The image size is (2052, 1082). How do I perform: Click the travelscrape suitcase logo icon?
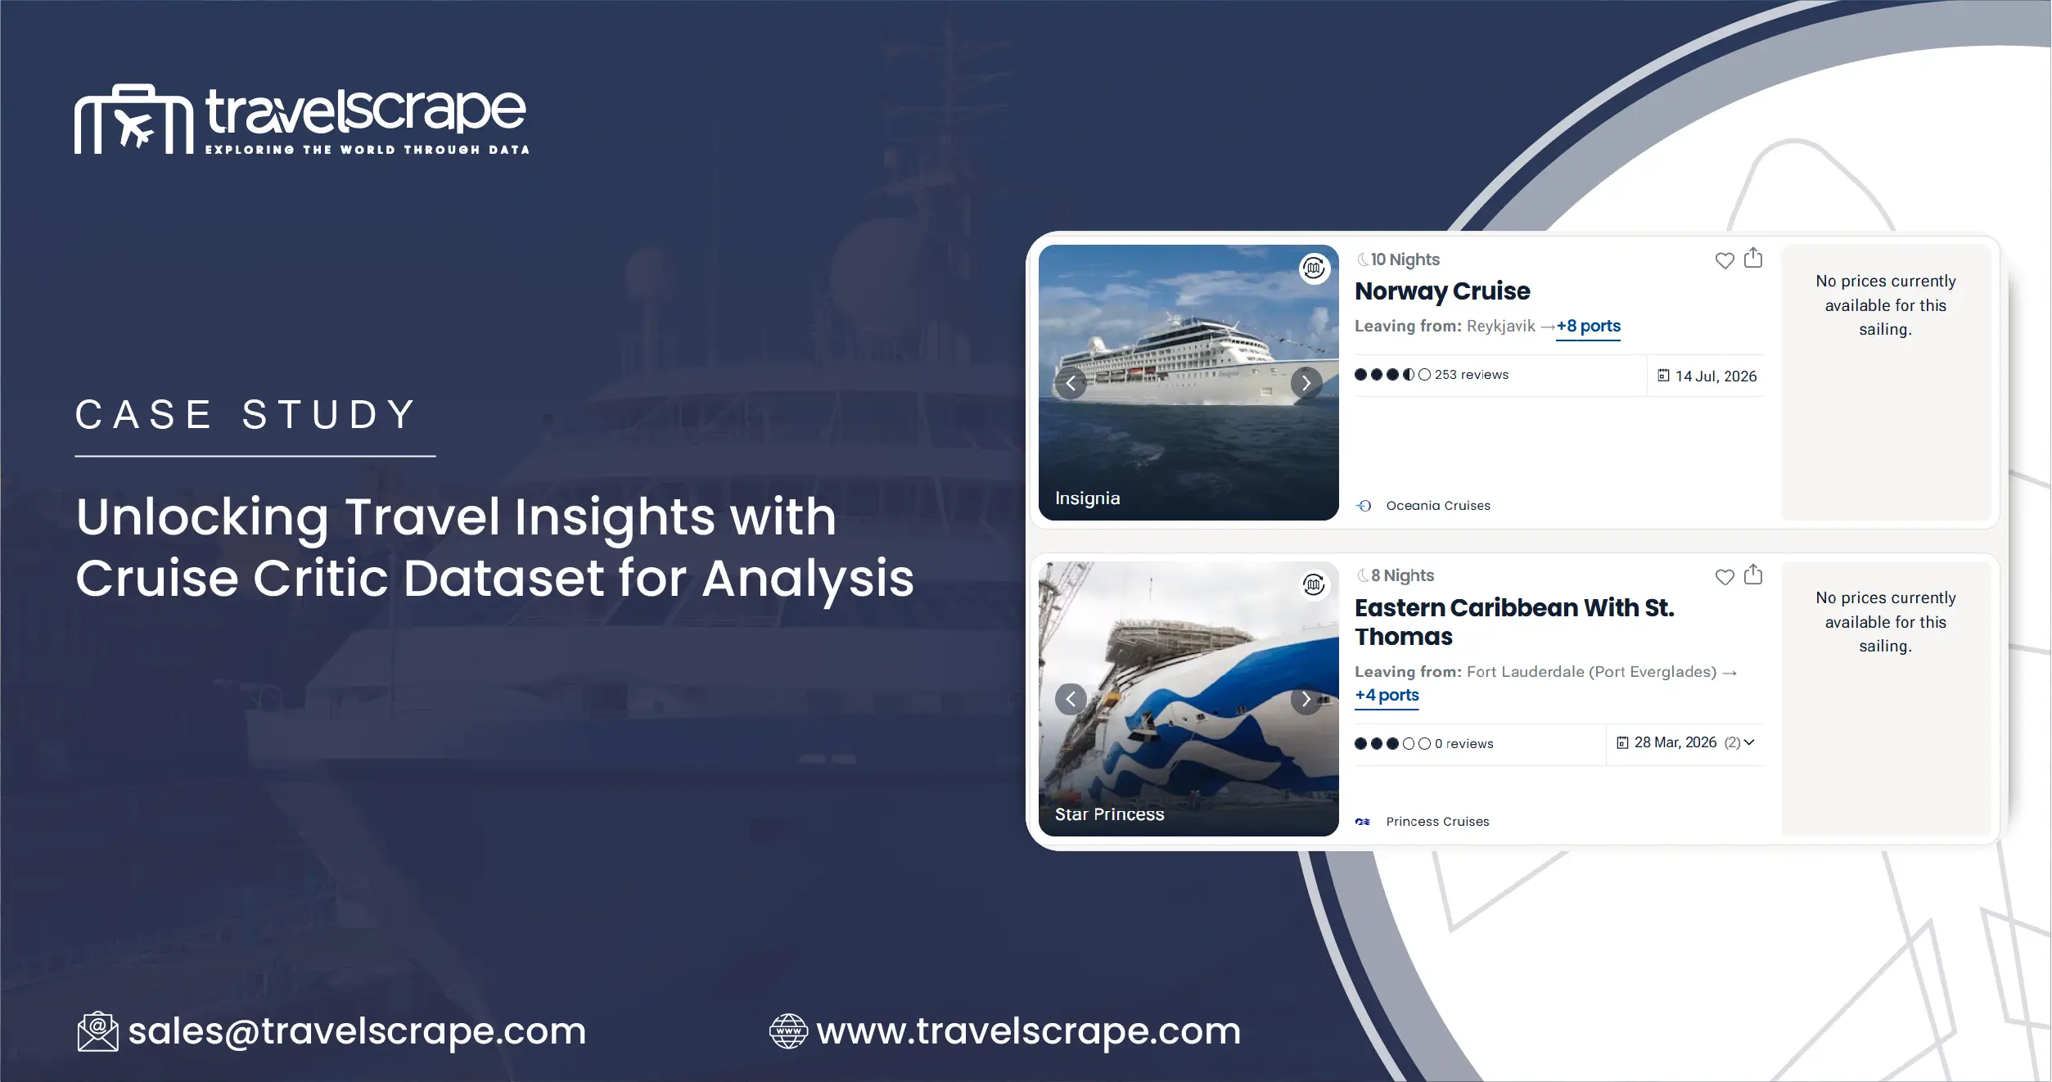pyautogui.click(x=133, y=119)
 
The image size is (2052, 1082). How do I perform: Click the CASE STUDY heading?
pyautogui.click(x=246, y=414)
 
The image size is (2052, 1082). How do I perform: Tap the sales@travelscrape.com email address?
pyautogui.click(x=357, y=1030)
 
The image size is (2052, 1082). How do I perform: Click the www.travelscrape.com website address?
pyautogui.click(x=1028, y=1030)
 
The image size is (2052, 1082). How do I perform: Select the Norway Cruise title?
pyautogui.click(x=1442, y=291)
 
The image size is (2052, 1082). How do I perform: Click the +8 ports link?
pyautogui.click(x=1588, y=326)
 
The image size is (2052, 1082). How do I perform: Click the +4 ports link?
pyautogui.click(x=1387, y=695)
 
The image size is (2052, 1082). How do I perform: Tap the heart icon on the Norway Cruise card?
pyautogui.click(x=1724, y=260)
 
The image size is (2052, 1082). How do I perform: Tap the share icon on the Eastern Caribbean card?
pyautogui.click(x=1752, y=575)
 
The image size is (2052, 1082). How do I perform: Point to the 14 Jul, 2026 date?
pyautogui.click(x=1715, y=376)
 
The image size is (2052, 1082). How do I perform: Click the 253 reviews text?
pyautogui.click(x=1471, y=375)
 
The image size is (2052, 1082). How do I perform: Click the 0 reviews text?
pyautogui.click(x=1463, y=744)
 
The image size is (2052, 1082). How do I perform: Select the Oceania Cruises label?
pyautogui.click(x=1437, y=506)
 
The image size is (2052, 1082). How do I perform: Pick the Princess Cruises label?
pyautogui.click(x=1436, y=822)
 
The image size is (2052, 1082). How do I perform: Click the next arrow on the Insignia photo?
pyautogui.click(x=1306, y=383)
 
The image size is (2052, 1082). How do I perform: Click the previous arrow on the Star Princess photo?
pyautogui.click(x=1071, y=699)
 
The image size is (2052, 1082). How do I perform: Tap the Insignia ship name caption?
pyautogui.click(x=1087, y=498)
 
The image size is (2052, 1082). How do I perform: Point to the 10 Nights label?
pyautogui.click(x=1405, y=259)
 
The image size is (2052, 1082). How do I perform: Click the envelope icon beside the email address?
pyautogui.click(x=97, y=1031)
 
